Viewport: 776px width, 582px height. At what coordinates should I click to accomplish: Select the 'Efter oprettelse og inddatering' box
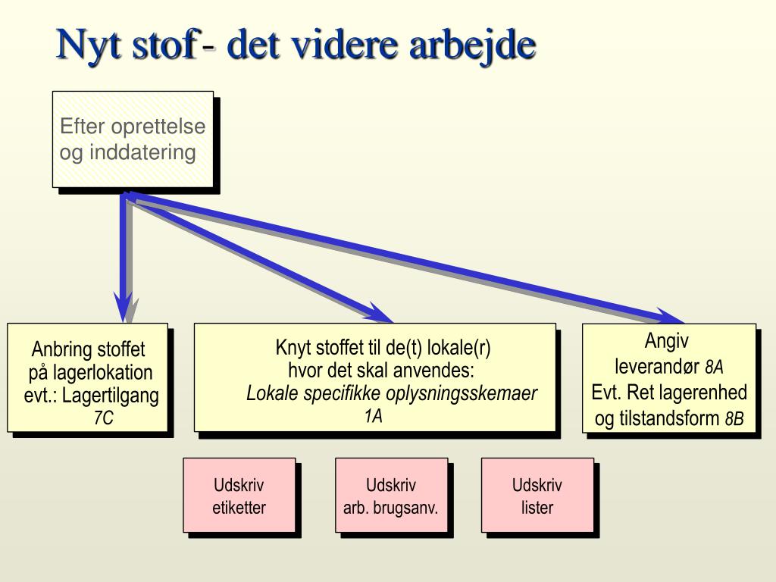tap(133, 139)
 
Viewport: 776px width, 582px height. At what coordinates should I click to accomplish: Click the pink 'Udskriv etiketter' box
tap(239, 496)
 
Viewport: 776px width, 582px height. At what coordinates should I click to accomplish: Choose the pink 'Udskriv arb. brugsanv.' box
tap(391, 496)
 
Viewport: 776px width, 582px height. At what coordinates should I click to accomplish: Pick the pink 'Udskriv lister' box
tap(537, 496)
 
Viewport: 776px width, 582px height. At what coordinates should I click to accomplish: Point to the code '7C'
tap(103, 418)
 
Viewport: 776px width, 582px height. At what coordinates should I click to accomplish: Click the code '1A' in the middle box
tap(373, 416)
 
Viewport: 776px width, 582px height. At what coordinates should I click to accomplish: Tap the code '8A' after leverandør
tap(714, 368)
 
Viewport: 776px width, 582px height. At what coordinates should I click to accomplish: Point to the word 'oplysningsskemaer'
tap(462, 394)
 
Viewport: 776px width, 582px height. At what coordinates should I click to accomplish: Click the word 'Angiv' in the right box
tap(667, 340)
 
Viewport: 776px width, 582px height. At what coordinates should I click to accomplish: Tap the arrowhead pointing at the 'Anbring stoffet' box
tap(123, 311)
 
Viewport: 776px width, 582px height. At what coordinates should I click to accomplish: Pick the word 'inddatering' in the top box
tap(142, 152)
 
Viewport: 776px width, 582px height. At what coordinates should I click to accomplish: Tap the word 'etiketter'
tap(239, 508)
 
